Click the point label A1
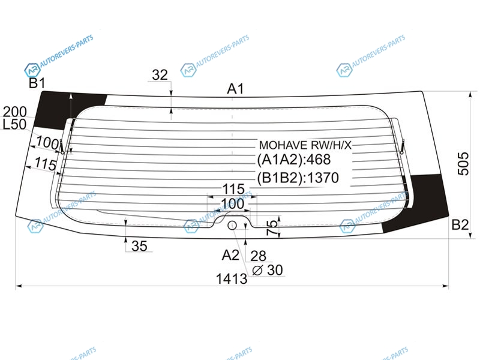click(235, 89)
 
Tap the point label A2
click(230, 254)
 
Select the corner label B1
click(37, 83)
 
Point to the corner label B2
click(460, 225)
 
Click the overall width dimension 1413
click(232, 279)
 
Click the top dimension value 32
click(160, 75)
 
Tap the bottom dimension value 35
click(139, 246)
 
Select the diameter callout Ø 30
click(267, 270)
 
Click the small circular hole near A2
click(232, 226)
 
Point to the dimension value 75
click(272, 228)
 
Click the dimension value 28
click(258, 256)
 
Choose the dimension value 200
click(14, 112)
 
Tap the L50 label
click(14, 125)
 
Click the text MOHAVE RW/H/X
click(305, 145)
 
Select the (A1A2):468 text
click(294, 160)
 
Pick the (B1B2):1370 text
click(298, 178)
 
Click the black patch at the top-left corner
click(67, 109)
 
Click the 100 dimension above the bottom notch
click(233, 204)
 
